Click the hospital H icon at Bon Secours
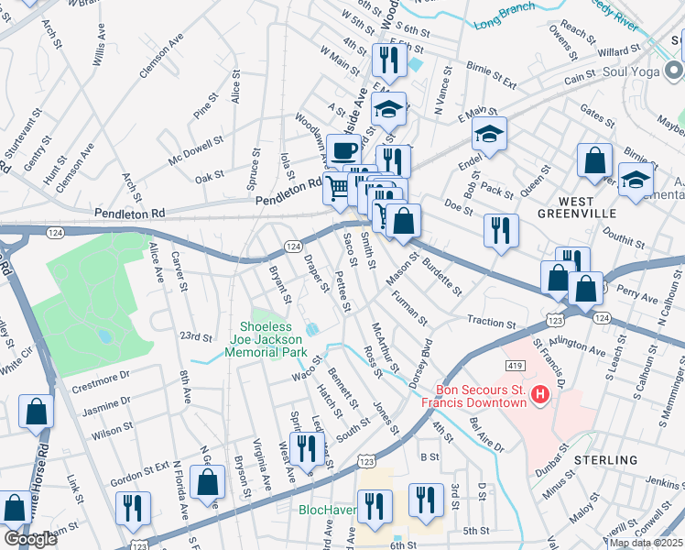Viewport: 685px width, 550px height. [540, 395]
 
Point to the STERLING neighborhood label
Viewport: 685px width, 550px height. [606, 459]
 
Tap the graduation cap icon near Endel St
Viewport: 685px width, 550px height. [489, 135]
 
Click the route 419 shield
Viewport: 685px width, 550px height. [515, 365]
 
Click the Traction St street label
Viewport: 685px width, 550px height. [492, 322]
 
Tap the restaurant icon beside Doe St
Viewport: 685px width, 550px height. [501, 230]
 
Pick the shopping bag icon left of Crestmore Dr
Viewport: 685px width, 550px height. [37, 412]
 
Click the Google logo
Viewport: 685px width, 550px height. [30, 539]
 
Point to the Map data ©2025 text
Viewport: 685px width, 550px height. [646, 543]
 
